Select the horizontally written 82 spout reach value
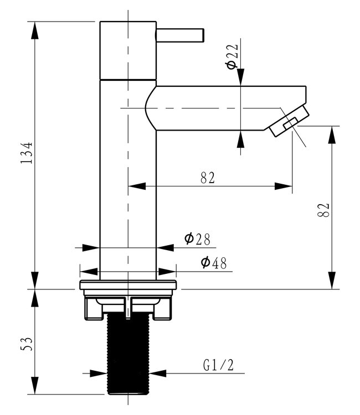click(x=208, y=178)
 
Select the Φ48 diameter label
click(x=213, y=263)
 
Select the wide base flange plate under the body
click(x=128, y=286)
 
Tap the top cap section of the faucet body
click(x=127, y=50)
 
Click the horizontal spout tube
click(x=222, y=108)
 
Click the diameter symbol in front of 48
click(x=205, y=263)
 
